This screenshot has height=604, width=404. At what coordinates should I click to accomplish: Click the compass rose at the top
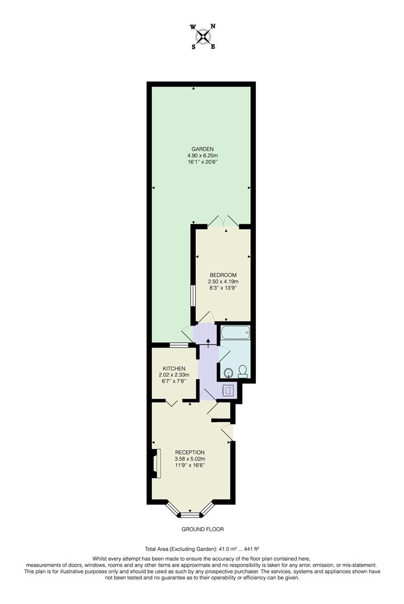202,36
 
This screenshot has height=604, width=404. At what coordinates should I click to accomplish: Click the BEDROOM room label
224,275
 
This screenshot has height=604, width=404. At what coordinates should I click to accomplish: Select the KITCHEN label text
174,368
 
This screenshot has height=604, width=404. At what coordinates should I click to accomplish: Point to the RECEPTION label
190,452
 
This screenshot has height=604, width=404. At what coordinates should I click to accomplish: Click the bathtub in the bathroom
235,333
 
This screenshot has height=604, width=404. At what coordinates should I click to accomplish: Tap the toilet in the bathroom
243,370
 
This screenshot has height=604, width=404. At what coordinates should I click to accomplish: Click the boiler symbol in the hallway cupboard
229,390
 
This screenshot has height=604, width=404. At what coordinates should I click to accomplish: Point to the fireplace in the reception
156,464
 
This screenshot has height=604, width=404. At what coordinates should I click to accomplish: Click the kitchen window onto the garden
179,345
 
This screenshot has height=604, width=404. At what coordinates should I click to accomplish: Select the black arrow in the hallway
208,342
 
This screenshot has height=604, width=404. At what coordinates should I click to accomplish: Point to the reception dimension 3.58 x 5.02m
190,459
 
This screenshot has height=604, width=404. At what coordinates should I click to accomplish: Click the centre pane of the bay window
191,514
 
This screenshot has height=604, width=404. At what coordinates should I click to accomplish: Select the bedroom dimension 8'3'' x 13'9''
224,288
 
